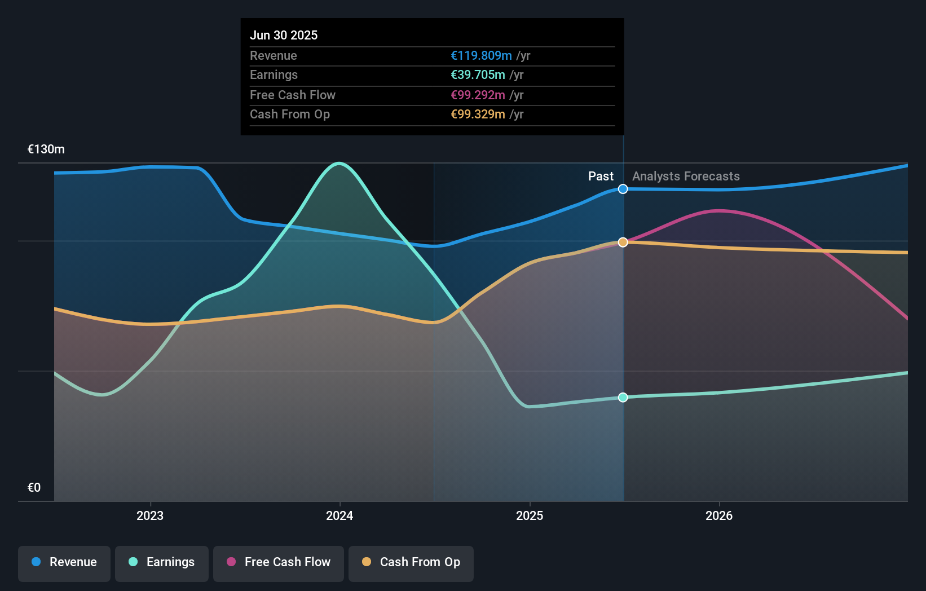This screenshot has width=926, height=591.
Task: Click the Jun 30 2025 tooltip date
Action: coord(284,35)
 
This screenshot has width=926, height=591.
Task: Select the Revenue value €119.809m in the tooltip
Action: coord(481,55)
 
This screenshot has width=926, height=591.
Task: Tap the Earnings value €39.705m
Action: coord(478,74)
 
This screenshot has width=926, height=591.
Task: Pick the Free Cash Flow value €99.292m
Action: coord(478,95)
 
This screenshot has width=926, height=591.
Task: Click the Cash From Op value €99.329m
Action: coord(478,114)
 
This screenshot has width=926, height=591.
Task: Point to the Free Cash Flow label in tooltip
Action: coord(292,95)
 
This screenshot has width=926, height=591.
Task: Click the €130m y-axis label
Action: coord(46,149)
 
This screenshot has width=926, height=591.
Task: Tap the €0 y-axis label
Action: coord(34,487)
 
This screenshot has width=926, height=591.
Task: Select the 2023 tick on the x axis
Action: coord(150,515)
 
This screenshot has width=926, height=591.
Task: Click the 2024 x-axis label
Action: coord(339,515)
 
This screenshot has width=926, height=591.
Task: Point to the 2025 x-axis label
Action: coord(530,515)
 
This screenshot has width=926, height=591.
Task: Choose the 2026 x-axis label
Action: coord(719,515)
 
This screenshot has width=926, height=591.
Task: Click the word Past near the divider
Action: coord(601,176)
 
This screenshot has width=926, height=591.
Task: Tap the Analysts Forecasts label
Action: coord(686,176)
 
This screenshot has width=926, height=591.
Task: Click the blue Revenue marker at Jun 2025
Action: coord(623,189)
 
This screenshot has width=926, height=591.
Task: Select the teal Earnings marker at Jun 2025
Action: coord(623,397)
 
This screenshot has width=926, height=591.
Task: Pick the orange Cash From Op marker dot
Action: coord(623,242)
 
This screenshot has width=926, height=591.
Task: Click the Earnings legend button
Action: coord(162,562)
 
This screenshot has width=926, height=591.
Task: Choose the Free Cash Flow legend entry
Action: coord(279,562)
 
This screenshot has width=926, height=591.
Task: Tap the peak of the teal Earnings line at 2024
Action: coord(339,164)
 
